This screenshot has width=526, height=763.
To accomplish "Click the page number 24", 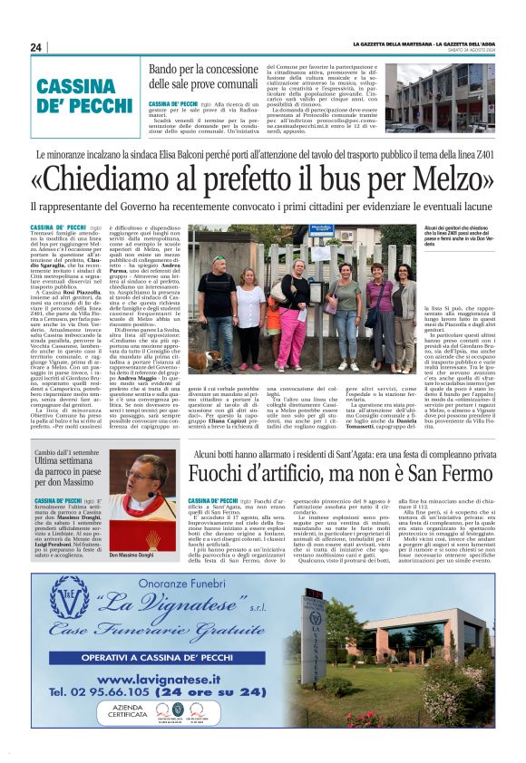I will (x=37, y=47).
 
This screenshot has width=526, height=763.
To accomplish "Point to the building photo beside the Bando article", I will (x=446, y=98).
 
